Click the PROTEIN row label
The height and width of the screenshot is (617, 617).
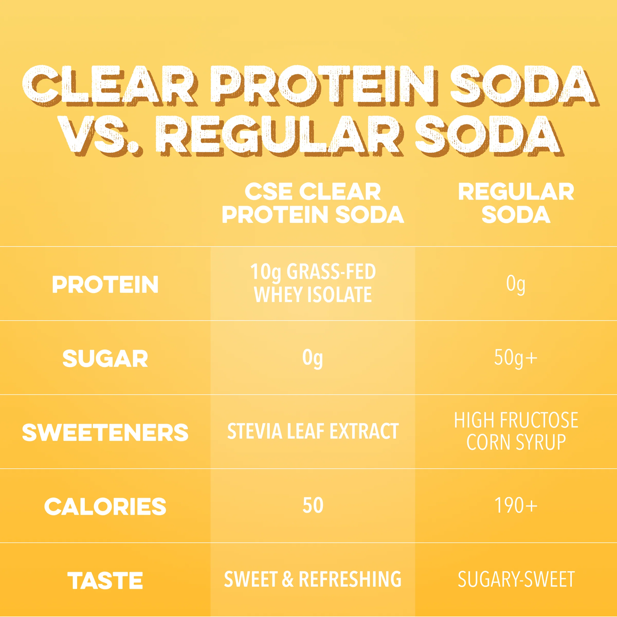(x=105, y=285)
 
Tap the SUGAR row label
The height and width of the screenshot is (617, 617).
(x=105, y=359)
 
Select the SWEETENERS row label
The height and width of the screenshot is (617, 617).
(x=105, y=433)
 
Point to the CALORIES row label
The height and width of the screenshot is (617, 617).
(x=105, y=507)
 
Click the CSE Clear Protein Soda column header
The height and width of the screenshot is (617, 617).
(x=313, y=203)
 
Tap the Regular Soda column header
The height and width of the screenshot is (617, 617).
(x=516, y=203)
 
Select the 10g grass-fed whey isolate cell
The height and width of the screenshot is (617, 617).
(x=313, y=283)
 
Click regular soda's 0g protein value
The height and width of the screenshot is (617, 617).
(x=516, y=285)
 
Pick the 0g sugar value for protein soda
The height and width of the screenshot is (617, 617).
(x=313, y=359)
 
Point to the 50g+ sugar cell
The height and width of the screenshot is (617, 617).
(x=516, y=359)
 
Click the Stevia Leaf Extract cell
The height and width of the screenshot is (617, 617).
(x=313, y=431)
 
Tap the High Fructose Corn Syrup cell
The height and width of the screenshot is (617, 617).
(x=516, y=431)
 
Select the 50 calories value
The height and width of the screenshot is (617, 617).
(x=313, y=505)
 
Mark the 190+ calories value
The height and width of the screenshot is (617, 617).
(x=516, y=505)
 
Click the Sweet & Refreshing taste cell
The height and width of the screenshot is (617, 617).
(x=313, y=579)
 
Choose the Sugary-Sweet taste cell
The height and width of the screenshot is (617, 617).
(x=516, y=579)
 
